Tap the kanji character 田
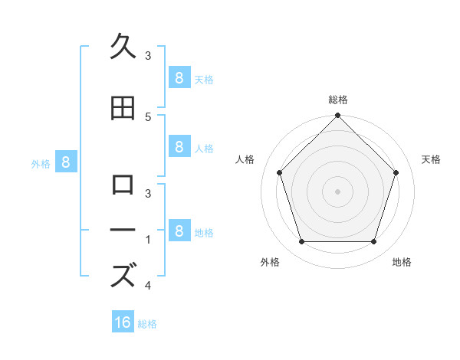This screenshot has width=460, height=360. click(123, 109)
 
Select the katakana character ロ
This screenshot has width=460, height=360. click(123, 184)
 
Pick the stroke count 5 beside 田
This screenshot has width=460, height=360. click(148, 116)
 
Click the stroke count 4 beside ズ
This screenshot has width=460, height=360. click(148, 286)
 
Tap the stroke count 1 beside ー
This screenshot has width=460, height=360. click(148, 240)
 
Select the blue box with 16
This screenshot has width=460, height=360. click(123, 322)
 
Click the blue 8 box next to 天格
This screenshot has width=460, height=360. click(179, 77)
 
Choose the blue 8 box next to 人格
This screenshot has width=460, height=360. click(179, 147)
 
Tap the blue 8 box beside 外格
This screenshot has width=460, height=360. click(66, 162)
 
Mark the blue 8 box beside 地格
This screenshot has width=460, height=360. click(179, 231)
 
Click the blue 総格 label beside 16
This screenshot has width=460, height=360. click(147, 324)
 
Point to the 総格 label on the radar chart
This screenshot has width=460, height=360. click(338, 100)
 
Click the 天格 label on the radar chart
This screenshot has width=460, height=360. click(432, 159)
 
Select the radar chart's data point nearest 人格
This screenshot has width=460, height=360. click(280, 172)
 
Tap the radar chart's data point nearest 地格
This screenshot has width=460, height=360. click(374, 242)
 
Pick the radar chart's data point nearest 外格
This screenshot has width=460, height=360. click(301, 242)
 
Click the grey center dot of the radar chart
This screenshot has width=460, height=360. click(338, 191)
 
